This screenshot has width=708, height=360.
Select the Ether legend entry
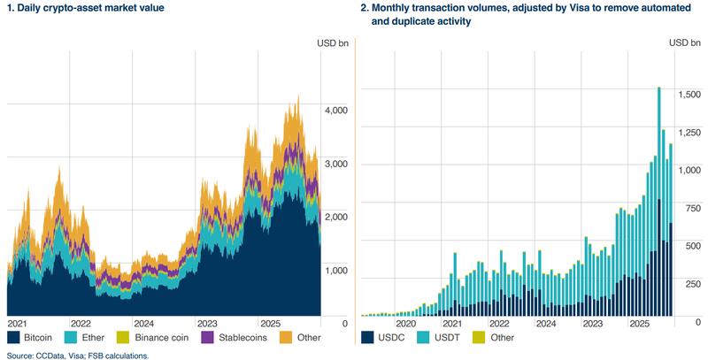[96, 338]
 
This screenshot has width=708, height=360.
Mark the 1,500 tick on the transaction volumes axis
[690, 94]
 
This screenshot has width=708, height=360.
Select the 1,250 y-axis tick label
[690, 132]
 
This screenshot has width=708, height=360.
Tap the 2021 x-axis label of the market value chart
[19, 324]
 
